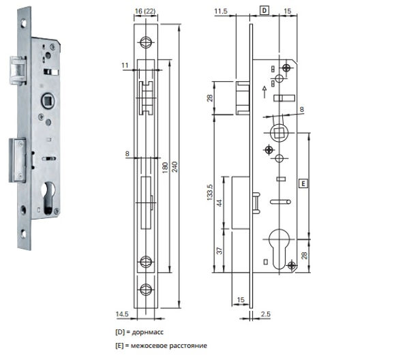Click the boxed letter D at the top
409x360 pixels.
click(x=264, y=11)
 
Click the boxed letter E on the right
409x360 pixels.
click(x=303, y=183)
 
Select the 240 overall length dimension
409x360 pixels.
click(x=175, y=166)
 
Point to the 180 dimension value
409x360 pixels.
click(x=165, y=168)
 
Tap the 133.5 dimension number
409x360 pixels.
click(x=210, y=192)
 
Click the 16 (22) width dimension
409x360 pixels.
click(x=145, y=11)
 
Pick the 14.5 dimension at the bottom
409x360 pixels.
click(x=122, y=314)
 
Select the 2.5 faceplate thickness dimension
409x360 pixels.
click(x=266, y=314)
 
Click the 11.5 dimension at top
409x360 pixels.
click(x=221, y=11)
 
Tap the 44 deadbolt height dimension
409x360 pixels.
click(x=219, y=203)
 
